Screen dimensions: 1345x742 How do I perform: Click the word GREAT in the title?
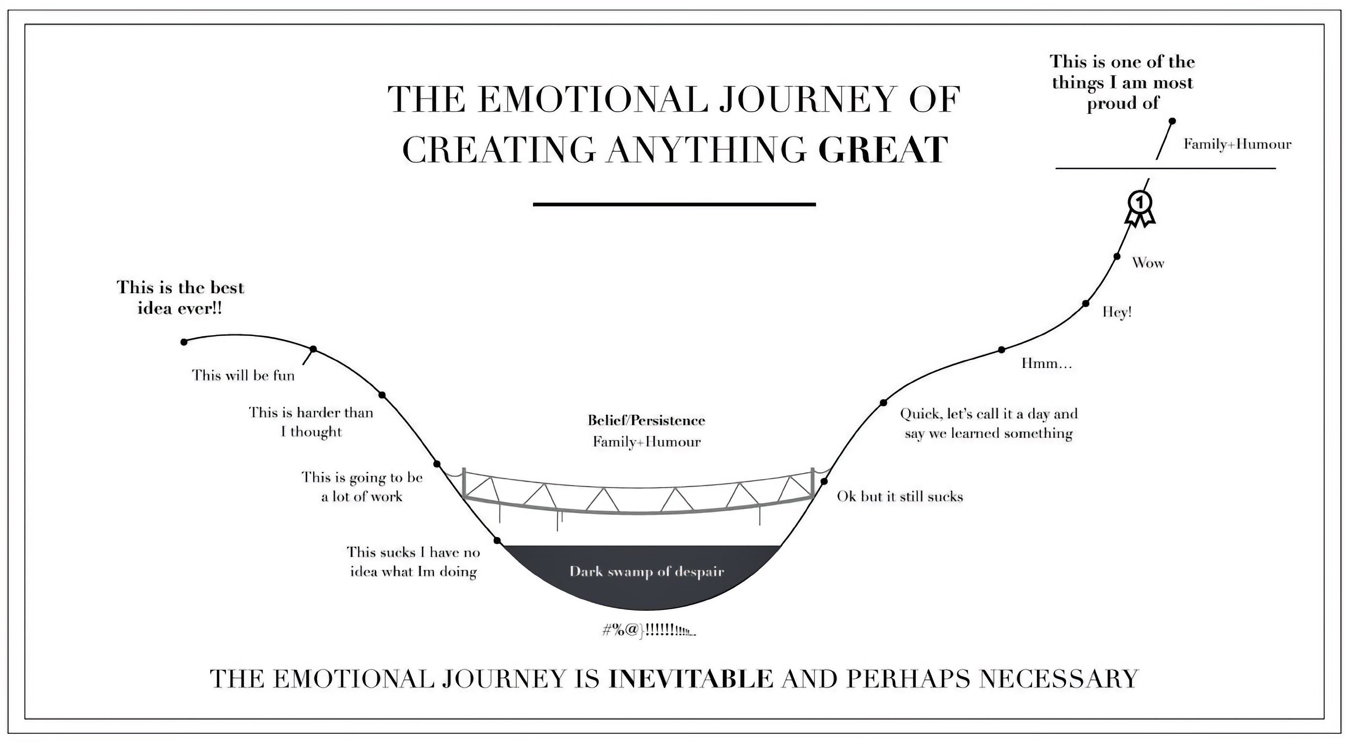click(883, 150)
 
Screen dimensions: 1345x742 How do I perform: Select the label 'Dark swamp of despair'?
click(646, 571)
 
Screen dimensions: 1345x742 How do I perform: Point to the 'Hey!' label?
click(1117, 312)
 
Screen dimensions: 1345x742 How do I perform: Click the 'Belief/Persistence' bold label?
click(646, 421)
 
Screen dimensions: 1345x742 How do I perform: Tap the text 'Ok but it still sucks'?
click(900, 496)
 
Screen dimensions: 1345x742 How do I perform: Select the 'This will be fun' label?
click(243, 375)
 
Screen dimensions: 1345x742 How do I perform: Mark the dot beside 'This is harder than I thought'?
click(382, 395)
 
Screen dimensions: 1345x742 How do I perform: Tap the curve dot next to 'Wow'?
click(1117, 256)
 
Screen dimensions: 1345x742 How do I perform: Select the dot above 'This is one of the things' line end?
click(1172, 121)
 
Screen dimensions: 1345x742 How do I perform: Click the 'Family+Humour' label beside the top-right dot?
click(1237, 144)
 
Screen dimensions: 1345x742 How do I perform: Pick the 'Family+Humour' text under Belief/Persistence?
click(646, 442)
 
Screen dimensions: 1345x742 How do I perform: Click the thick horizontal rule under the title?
click(674, 204)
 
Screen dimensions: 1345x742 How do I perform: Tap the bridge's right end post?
click(813, 483)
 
